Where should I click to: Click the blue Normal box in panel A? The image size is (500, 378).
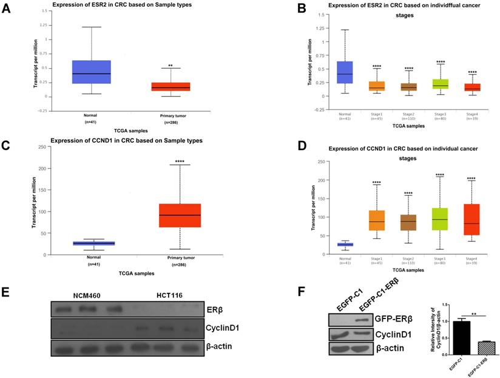[x=91, y=72]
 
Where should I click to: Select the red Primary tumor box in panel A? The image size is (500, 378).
[x=171, y=86]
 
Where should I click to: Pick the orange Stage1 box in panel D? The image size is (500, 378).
[x=376, y=220]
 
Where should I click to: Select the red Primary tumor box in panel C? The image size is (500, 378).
[x=180, y=215]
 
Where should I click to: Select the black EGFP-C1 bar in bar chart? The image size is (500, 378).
[x=445, y=337]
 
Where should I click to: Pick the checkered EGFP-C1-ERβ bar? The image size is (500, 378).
[x=468, y=348]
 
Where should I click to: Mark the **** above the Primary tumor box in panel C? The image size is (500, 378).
[x=180, y=161]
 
